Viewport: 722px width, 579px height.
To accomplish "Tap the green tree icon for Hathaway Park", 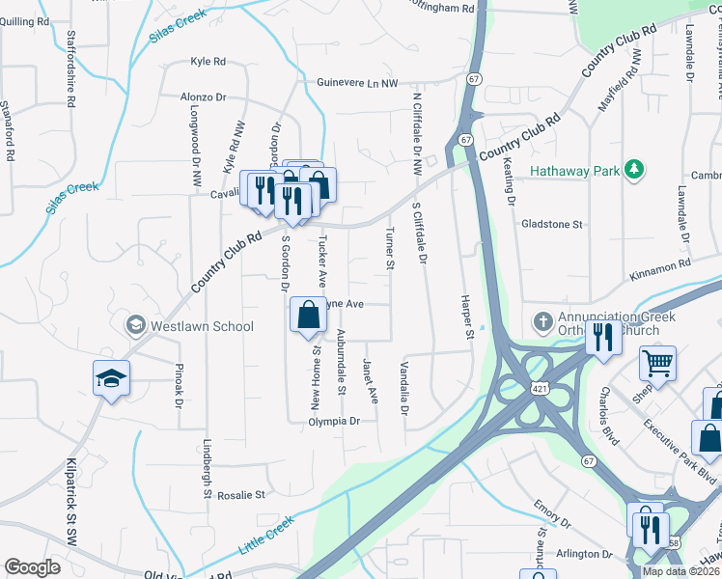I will (x=633, y=171).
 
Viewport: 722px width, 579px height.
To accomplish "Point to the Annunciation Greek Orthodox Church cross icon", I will (x=542, y=320).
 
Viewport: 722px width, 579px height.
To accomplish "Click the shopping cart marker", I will (x=658, y=364).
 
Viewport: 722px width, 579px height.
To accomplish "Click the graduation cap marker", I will (x=111, y=378).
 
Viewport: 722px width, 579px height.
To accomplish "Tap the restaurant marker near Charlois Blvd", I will (x=603, y=338).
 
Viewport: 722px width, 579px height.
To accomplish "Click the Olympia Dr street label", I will (x=334, y=422).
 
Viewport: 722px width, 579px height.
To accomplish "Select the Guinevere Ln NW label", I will (x=358, y=84).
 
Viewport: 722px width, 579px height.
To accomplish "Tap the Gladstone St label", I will (x=552, y=224).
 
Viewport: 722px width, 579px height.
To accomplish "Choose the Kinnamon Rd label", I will (x=660, y=262).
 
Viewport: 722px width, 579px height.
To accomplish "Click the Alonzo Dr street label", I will (x=203, y=97).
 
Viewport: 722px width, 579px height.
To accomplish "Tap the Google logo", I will (x=32, y=567).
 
